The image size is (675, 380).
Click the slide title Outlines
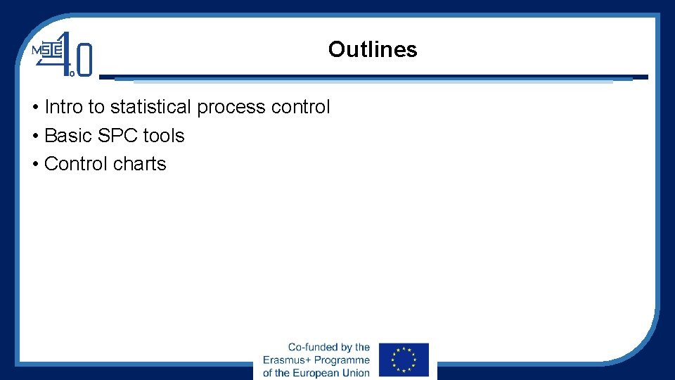pyautogui.click(x=372, y=49)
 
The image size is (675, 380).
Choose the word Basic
pyautogui.click(x=65, y=136)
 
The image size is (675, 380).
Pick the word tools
pyautogui.click(x=164, y=136)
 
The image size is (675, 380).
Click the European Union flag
pyautogui.click(x=404, y=360)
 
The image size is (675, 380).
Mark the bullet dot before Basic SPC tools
pyautogui.click(x=34, y=137)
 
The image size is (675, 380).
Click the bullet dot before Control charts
pyautogui.click(x=34, y=165)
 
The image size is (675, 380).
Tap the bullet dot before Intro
pyautogui.click(x=34, y=108)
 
